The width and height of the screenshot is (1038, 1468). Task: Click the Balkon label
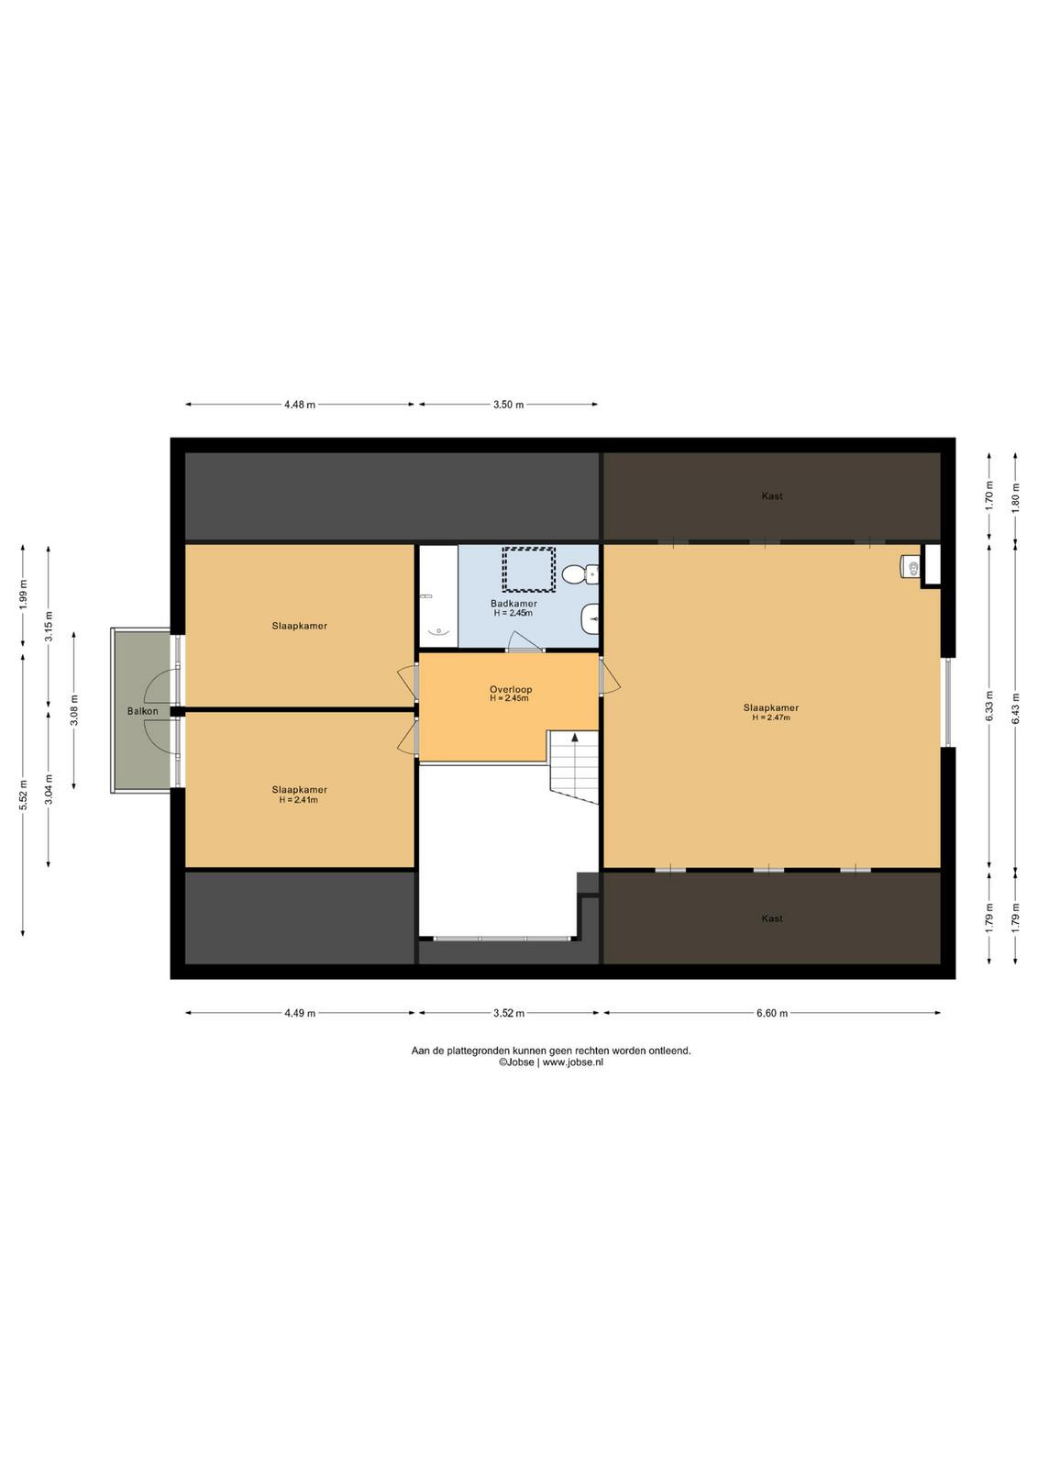click(x=142, y=711)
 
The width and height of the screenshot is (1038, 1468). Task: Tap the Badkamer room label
click(x=513, y=604)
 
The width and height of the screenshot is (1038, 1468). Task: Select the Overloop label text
click(x=511, y=689)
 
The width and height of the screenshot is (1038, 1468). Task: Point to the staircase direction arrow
click(x=575, y=738)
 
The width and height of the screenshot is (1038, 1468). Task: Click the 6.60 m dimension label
click(x=772, y=1013)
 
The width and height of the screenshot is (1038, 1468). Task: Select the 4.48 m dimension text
click(x=299, y=405)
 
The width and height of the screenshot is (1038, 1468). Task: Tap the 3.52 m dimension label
click(x=509, y=1013)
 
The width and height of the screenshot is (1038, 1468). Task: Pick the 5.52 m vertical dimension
click(x=23, y=795)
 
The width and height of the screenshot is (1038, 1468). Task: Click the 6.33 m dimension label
click(x=988, y=706)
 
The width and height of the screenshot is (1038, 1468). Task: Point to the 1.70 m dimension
click(x=988, y=496)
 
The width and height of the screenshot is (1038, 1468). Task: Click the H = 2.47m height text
click(x=771, y=717)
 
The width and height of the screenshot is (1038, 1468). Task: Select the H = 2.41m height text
click(x=299, y=799)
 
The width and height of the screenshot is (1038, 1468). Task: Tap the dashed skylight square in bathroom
click(x=528, y=569)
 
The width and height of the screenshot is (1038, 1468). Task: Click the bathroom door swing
click(x=525, y=641)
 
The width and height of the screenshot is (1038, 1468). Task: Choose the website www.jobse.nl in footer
click(x=572, y=1063)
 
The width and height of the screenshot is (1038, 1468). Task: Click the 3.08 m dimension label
click(x=74, y=710)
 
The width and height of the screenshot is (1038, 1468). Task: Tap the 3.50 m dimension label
click(x=508, y=405)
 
